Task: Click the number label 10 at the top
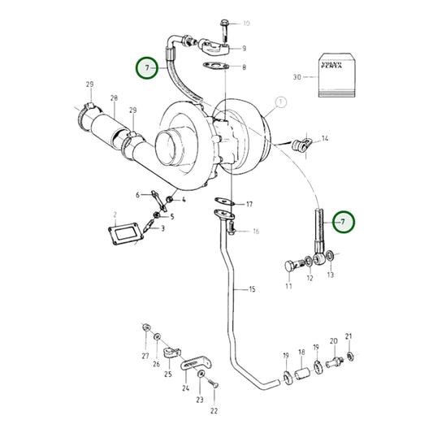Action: [246, 24]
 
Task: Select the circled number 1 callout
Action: [282, 103]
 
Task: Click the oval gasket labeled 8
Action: [213, 66]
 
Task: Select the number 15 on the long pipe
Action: [251, 288]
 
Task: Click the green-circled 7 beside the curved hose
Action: [147, 68]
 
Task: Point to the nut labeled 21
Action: [349, 355]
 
